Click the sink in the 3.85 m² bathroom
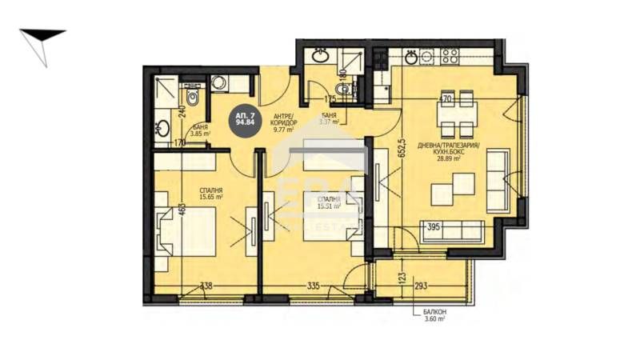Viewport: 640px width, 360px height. click(x=161, y=128)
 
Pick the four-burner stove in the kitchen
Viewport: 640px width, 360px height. click(x=449, y=56)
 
